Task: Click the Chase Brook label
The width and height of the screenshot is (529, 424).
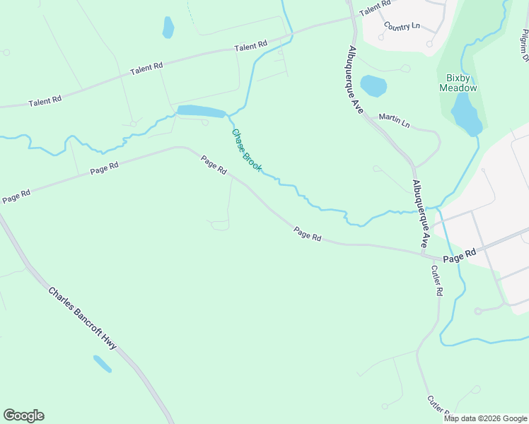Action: pyautogui.click(x=247, y=150)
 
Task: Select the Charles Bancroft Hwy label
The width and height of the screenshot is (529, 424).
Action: pyautogui.click(x=82, y=317)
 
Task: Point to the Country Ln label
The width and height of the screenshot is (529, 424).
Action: pyautogui.click(x=402, y=26)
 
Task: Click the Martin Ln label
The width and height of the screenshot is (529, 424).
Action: pyautogui.click(x=394, y=120)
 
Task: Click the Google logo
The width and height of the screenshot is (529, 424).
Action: pyautogui.click(x=23, y=416)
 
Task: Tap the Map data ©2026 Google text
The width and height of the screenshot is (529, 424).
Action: pyautogui.click(x=486, y=418)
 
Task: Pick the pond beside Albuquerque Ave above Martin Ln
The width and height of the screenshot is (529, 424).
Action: pyautogui.click(x=373, y=86)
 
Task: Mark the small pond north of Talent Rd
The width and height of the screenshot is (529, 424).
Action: pyautogui.click(x=168, y=28)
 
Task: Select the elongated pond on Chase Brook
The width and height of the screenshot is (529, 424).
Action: pyautogui.click(x=201, y=111)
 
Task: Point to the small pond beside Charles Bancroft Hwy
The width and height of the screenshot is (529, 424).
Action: pyautogui.click(x=102, y=363)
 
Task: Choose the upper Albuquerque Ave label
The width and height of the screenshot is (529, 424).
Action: pyautogui.click(x=355, y=80)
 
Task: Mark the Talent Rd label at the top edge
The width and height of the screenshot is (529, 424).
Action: pyautogui.click(x=375, y=8)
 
